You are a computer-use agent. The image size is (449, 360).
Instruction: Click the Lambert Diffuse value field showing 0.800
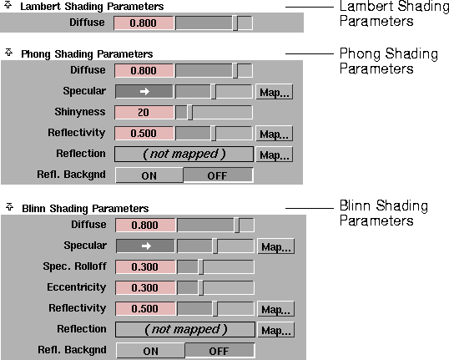point(144,23)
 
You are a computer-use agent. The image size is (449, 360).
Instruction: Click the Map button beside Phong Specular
point(274,92)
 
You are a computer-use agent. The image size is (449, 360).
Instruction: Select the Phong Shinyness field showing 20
point(144,112)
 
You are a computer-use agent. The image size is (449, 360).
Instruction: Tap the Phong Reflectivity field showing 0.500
point(144,133)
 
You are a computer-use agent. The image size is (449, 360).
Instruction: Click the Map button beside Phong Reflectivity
point(274,134)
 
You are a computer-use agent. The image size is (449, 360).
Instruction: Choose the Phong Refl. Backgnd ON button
point(149,175)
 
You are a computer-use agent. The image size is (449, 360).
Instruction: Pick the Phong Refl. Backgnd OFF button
point(217,175)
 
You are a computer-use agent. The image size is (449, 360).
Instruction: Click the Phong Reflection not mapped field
point(184,155)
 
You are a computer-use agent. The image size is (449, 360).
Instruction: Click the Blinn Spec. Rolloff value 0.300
point(144,267)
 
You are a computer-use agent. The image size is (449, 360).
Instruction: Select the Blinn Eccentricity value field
point(144,288)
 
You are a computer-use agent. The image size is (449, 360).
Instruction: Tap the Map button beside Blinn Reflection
point(275,331)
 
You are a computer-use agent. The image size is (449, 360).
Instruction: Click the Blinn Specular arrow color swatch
point(144,246)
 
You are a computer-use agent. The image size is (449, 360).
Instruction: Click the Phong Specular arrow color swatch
point(144,91)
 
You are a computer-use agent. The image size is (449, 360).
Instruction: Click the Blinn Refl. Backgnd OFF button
point(219,351)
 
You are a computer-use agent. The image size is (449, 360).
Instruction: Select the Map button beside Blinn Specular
point(275,247)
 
